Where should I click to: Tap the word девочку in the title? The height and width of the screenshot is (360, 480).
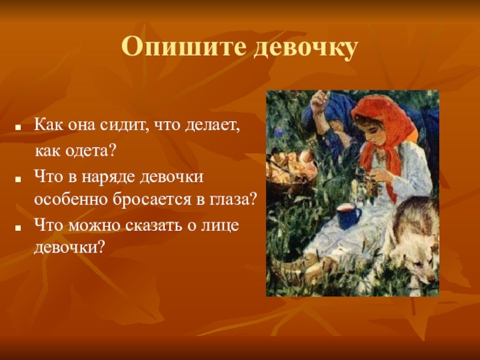tap(305, 49)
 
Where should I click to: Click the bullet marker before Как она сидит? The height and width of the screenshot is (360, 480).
tap(19, 127)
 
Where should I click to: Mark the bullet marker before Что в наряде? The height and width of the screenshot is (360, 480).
tap(19, 179)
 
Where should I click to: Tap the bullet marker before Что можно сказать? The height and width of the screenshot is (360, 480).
tap(19, 227)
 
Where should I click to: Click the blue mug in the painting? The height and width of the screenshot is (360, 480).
tap(348, 216)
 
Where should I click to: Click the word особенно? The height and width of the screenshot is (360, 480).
tap(71, 200)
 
